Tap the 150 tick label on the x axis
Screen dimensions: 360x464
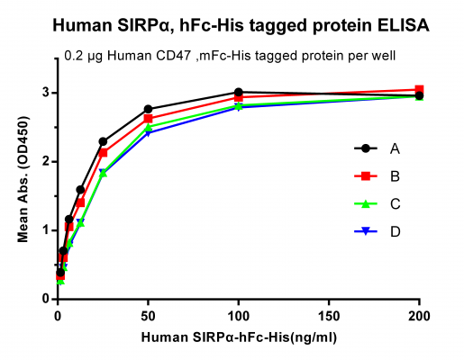click(x=329, y=315)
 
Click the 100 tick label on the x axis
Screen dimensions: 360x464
click(x=239, y=315)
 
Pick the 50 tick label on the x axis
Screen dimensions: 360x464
click(x=148, y=315)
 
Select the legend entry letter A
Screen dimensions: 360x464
click(x=396, y=148)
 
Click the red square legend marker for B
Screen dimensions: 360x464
click(x=363, y=176)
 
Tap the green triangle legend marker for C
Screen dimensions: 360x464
click(x=363, y=204)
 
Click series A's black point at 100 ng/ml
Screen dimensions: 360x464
click(x=239, y=93)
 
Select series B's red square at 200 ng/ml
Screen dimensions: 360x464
click(x=419, y=90)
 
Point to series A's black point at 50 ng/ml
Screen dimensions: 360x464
click(x=148, y=109)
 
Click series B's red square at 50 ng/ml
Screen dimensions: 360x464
click(x=148, y=119)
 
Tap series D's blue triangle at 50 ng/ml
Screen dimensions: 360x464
click(x=148, y=133)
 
